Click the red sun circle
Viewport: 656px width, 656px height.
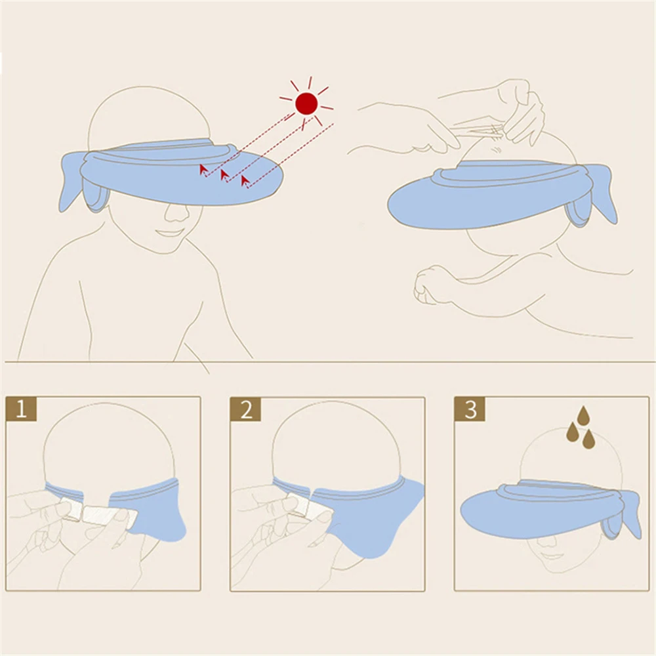pyautogui.click(x=306, y=104)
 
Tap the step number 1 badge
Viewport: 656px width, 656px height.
pyautogui.click(x=21, y=409)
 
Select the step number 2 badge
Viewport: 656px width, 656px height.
pyautogui.click(x=245, y=409)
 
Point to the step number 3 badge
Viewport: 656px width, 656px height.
pyautogui.click(x=470, y=409)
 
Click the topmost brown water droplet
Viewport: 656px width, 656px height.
pyautogui.click(x=584, y=415)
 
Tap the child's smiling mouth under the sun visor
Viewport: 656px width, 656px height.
pyautogui.click(x=169, y=232)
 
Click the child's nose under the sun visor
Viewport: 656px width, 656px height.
pyautogui.click(x=176, y=213)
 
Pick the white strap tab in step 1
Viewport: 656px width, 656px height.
pyautogui.click(x=110, y=516)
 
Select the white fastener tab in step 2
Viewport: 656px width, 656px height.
pyautogui.click(x=298, y=505)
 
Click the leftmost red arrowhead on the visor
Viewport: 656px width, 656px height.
pyautogui.click(x=203, y=169)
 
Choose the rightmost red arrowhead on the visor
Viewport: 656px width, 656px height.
pyautogui.click(x=245, y=181)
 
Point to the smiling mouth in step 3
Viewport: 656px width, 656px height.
pyautogui.click(x=552, y=556)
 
